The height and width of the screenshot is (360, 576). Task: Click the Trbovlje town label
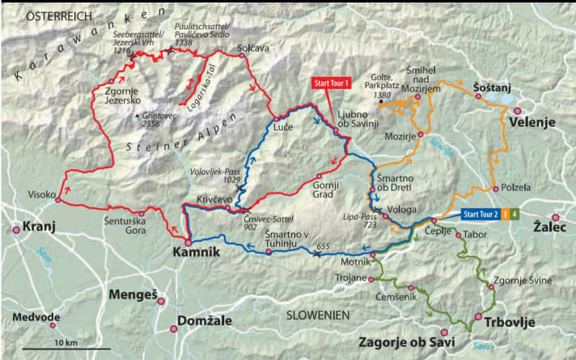tap(510, 322)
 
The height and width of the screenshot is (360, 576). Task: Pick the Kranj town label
tap(40, 227)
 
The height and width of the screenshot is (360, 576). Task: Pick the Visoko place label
tap(40, 195)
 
